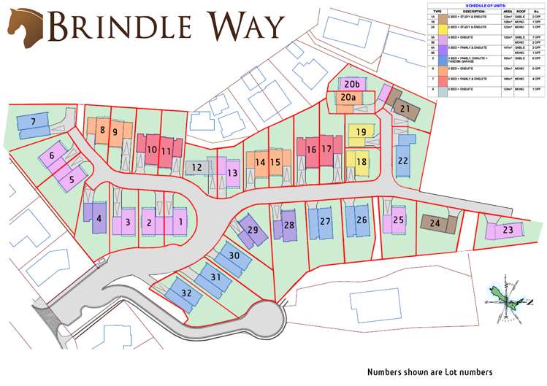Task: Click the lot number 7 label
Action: pyautogui.click(x=32, y=121)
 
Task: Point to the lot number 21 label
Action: pyautogui.click(x=405, y=109)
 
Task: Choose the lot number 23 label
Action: pyautogui.click(x=508, y=231)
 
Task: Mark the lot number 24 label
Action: pyautogui.click(x=435, y=223)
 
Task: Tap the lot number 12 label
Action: pyautogui.click(x=196, y=168)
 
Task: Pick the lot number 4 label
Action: pyautogui.click(x=99, y=217)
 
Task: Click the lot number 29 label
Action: pyautogui.click(x=253, y=230)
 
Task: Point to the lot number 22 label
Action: pyautogui.click(x=403, y=161)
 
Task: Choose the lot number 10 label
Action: pyautogui.click(x=151, y=150)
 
